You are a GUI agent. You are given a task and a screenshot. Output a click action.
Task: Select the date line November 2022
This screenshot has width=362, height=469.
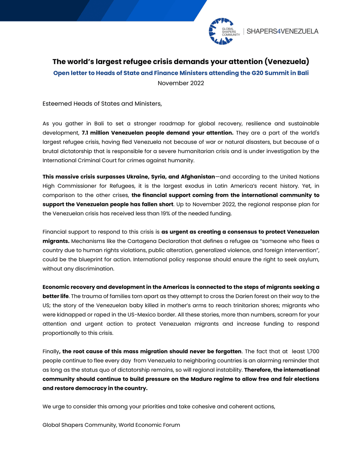(x=181, y=83)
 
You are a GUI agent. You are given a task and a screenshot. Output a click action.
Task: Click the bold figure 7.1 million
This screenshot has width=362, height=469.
(x=97, y=133)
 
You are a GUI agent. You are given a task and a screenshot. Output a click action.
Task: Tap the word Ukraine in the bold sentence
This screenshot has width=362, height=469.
(x=139, y=177)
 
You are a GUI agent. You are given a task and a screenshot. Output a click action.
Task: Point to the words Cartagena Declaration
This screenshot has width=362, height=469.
(x=132, y=241)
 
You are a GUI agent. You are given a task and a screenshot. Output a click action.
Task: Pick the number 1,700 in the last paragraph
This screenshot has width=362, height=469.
(x=311, y=351)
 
